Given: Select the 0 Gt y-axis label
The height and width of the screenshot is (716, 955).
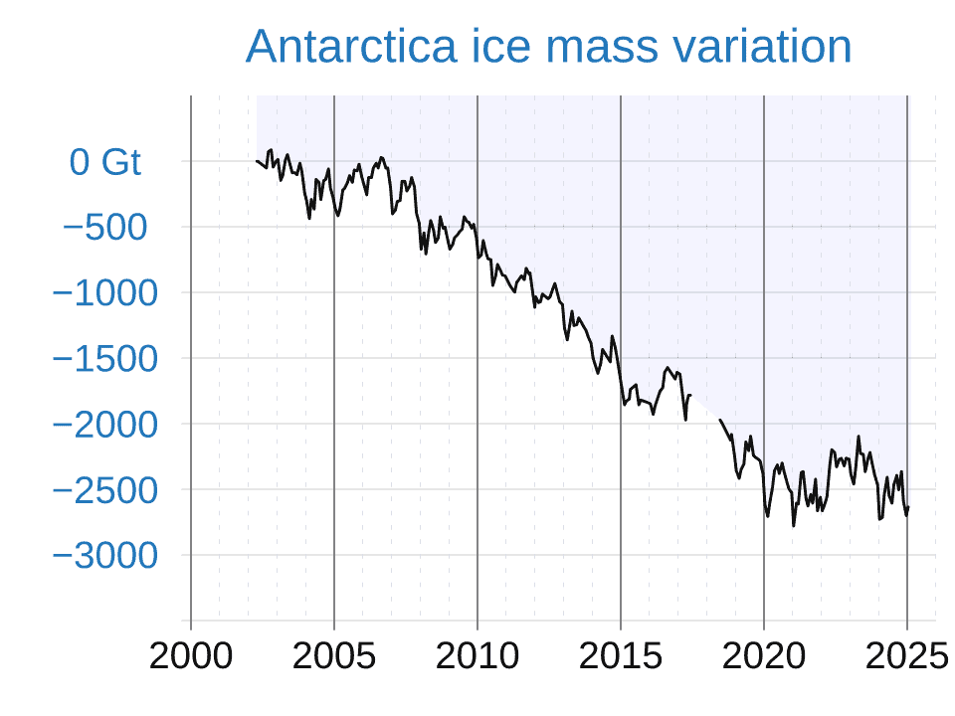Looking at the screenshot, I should [105, 162].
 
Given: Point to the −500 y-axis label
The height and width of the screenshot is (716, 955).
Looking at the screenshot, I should [104, 228].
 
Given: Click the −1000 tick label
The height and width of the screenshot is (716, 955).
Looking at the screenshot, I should [104, 293].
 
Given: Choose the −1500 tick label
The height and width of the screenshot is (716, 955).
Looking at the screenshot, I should [104, 359].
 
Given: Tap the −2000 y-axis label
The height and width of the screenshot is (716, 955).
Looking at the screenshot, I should [104, 425].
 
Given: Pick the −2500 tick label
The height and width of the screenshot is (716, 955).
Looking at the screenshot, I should [104, 490].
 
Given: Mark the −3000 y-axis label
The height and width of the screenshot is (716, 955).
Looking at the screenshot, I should [104, 556].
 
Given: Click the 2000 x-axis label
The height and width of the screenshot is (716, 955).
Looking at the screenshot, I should [191, 656].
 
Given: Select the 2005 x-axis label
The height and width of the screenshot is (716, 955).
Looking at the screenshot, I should [334, 656].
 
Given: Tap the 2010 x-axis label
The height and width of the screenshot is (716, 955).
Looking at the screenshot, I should [477, 656].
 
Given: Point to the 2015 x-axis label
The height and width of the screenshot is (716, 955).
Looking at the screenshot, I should [621, 656].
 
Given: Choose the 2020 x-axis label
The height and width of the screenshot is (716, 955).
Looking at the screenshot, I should [764, 656].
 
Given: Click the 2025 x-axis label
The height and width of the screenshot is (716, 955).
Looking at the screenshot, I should [905, 656].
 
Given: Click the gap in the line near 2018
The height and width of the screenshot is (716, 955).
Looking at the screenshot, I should [704, 408].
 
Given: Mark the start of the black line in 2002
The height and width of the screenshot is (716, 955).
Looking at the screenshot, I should [257, 160].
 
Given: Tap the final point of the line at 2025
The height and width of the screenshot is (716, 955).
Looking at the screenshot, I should [908, 508].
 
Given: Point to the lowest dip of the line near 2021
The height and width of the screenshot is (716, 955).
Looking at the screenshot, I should [794, 525].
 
